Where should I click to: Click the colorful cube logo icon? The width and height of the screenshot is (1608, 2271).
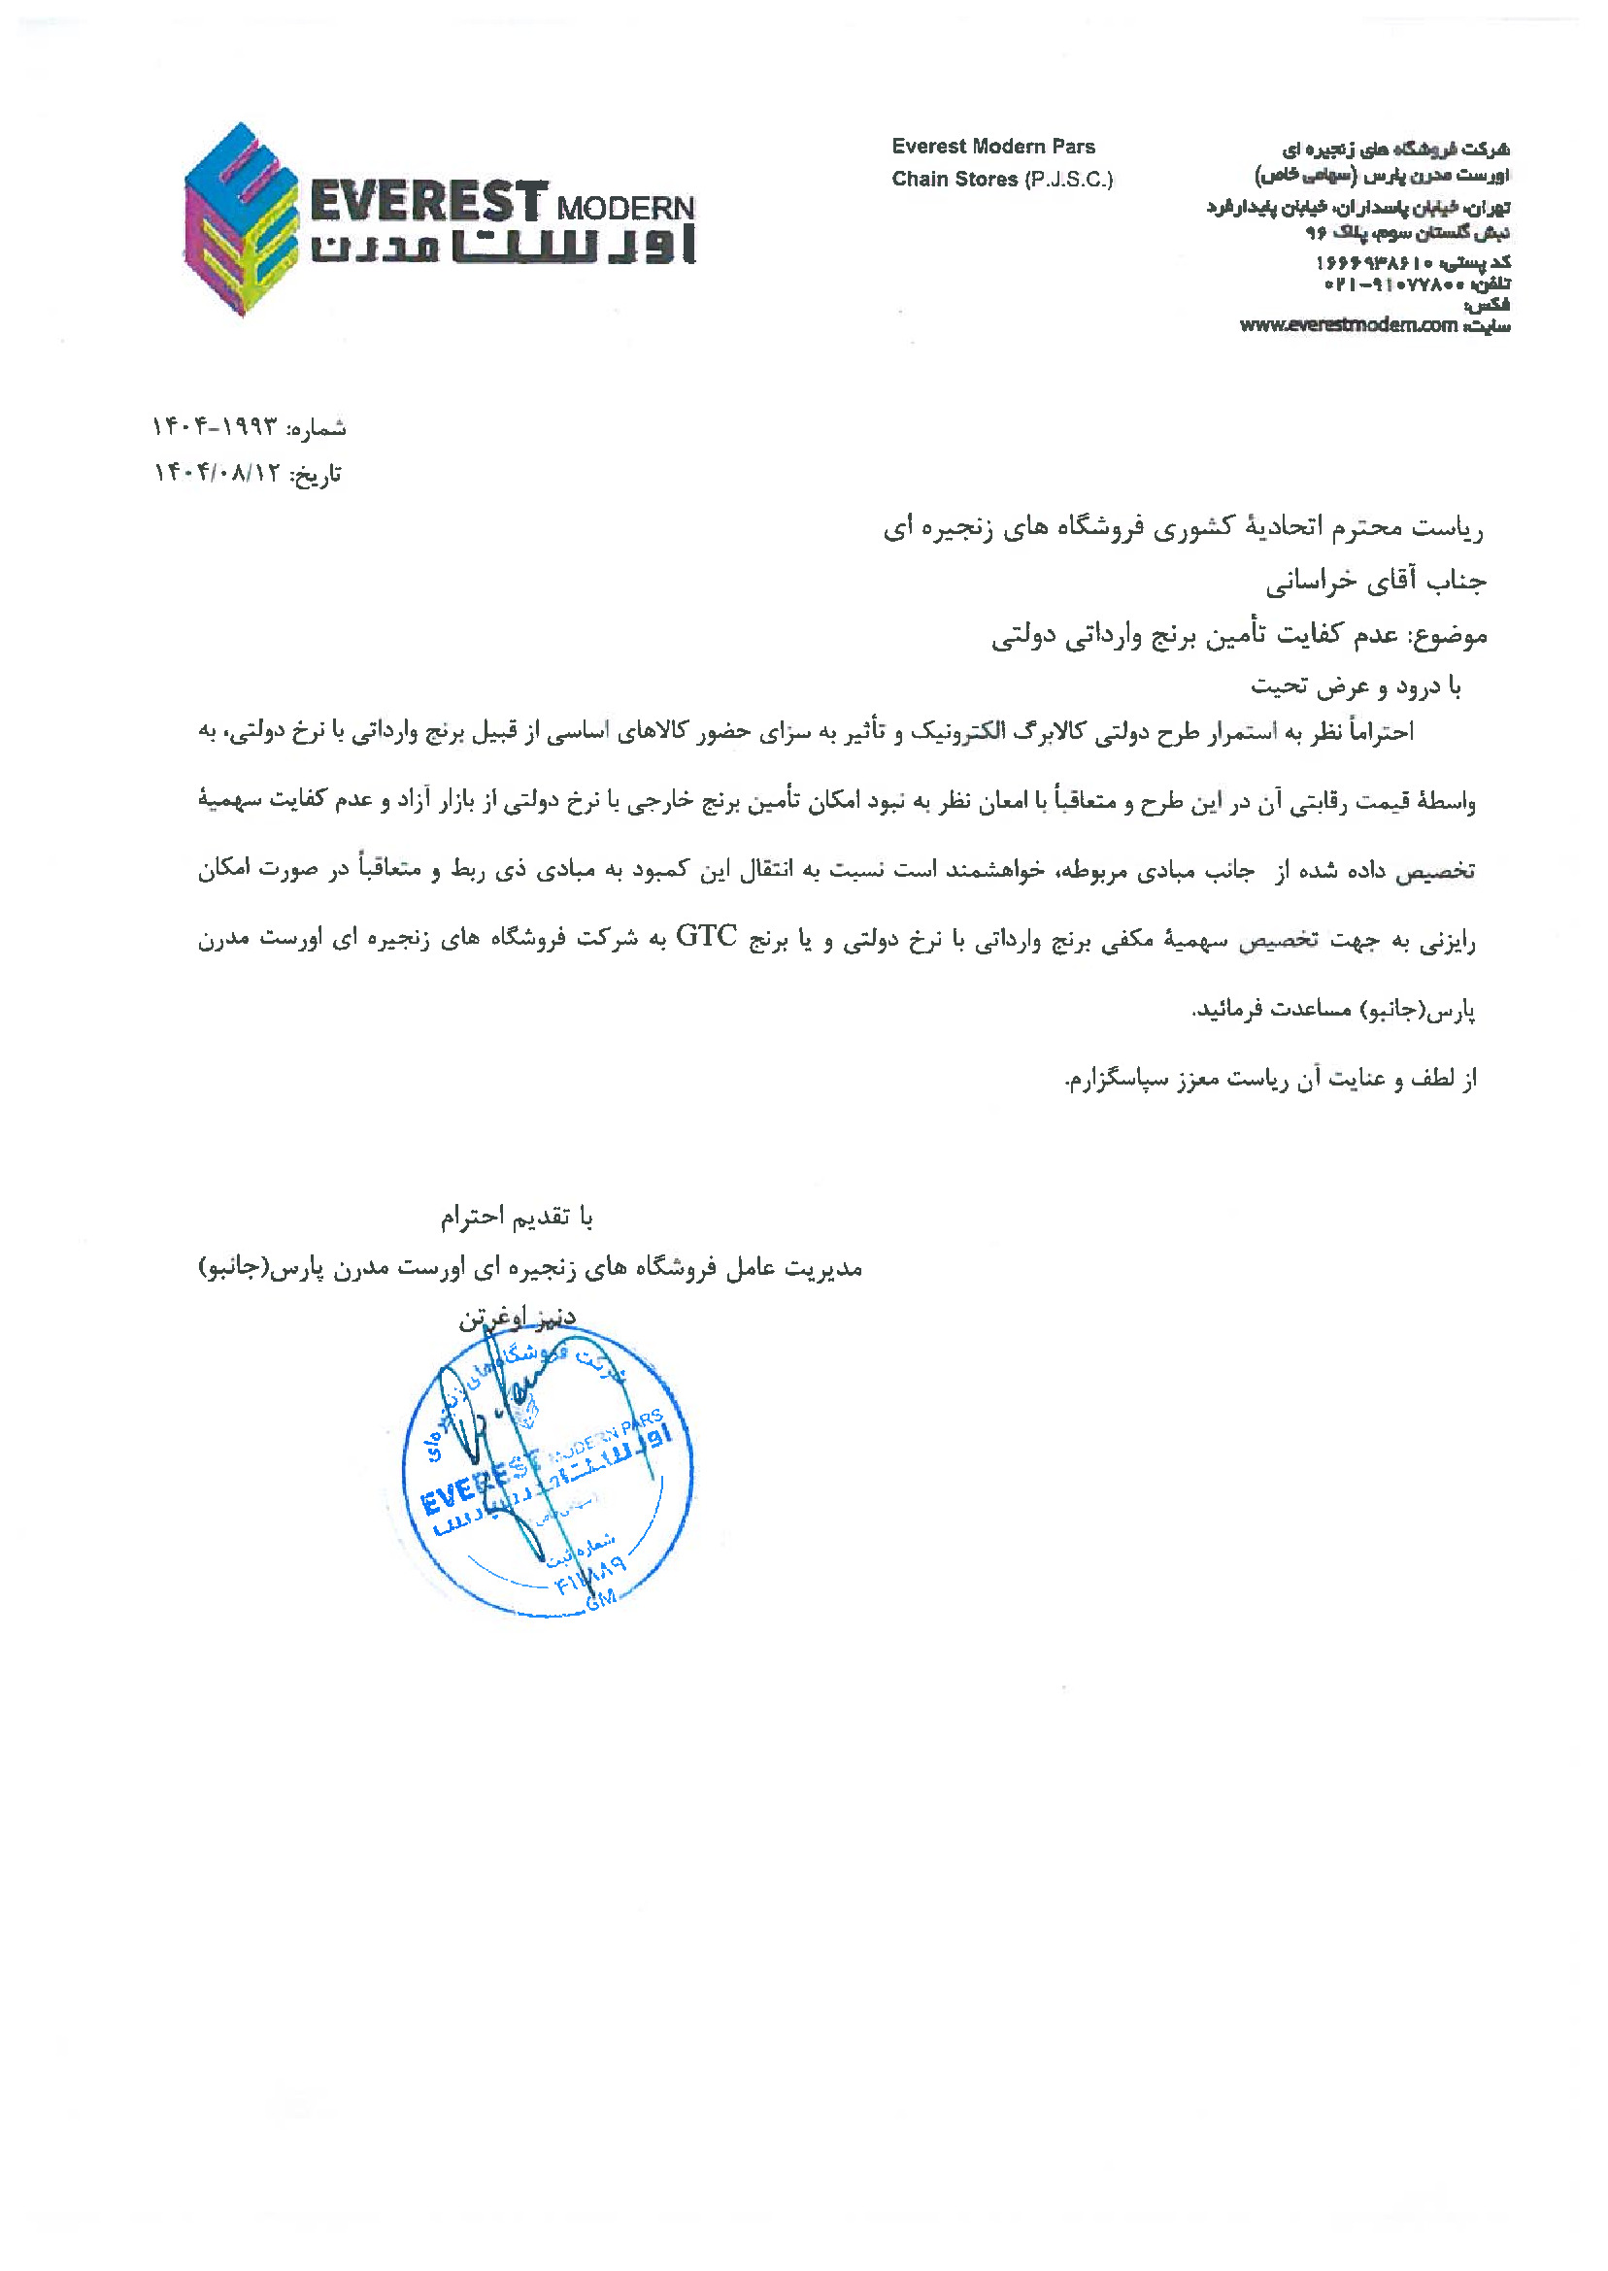(241, 219)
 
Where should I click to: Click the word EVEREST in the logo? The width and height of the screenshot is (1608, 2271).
(428, 202)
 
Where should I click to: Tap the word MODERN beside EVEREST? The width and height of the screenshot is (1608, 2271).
(625, 209)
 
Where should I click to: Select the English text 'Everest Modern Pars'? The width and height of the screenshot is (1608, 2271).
(993, 147)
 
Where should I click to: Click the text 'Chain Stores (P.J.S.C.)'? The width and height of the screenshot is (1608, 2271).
(1002, 180)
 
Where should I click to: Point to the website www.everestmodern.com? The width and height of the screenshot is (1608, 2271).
(1349, 324)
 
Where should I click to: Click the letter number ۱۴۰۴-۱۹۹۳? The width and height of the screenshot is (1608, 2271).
(215, 427)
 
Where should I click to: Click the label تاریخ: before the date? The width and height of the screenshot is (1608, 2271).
(315, 475)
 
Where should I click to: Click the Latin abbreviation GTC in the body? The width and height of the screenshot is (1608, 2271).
(706, 936)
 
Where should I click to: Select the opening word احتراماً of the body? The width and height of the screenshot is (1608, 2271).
(1379, 731)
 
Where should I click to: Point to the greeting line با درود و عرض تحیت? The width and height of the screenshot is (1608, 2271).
(1356, 685)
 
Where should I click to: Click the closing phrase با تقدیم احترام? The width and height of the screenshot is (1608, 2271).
(517, 1217)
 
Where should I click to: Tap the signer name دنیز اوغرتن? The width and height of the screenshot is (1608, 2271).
(517, 1318)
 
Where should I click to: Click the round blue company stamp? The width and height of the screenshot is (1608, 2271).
(548, 1469)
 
